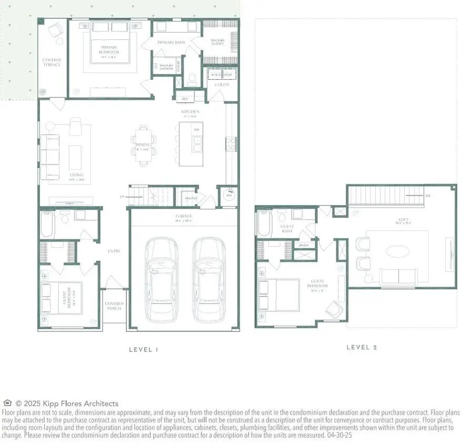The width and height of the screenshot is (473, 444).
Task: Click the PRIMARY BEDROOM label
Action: pos(109,50)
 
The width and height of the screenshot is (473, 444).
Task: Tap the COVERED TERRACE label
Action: pos(52,63)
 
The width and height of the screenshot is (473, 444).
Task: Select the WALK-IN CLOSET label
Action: pos(217,42)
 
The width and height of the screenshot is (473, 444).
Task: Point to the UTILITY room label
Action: pos(222,84)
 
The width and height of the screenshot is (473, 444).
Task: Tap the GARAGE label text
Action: pos(184,216)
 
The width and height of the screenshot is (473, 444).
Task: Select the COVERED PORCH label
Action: pos(114,306)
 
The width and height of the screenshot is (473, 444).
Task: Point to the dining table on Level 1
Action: pos(143,146)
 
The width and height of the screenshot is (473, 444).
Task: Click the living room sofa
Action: pos(50,156)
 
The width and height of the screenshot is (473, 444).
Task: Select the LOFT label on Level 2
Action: pos(401,221)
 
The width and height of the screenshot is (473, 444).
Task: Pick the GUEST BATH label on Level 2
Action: pos(287,229)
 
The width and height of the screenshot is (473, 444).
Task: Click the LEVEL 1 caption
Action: pos(143,349)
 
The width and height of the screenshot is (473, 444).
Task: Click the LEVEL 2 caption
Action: pos(362,347)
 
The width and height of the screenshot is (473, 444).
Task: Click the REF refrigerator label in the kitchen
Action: pos(184,98)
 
